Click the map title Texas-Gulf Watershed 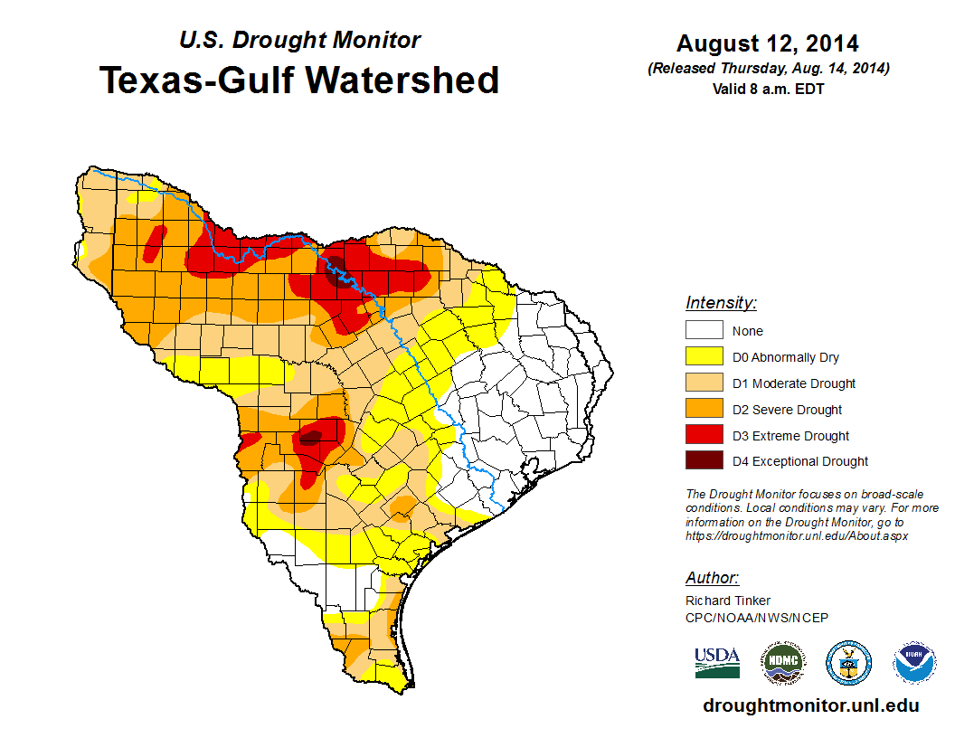pyautogui.click(x=298, y=80)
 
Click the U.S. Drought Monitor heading pyautogui.click(x=299, y=40)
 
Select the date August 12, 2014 pyautogui.click(x=768, y=43)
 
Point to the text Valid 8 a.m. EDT pyautogui.click(x=768, y=88)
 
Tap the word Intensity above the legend pyautogui.click(x=721, y=303)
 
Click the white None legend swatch pyautogui.click(x=704, y=331)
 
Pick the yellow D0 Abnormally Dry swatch pyautogui.click(x=704, y=357)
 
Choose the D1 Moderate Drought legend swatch pyautogui.click(x=704, y=383)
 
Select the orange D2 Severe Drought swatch pyautogui.click(x=704, y=410)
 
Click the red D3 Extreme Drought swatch pyautogui.click(x=704, y=436)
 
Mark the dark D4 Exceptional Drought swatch pyautogui.click(x=704, y=461)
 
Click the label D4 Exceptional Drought pyautogui.click(x=799, y=461)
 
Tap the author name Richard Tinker pyautogui.click(x=728, y=601)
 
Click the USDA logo pyautogui.click(x=717, y=663)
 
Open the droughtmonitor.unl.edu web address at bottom pyautogui.click(x=810, y=705)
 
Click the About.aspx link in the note pyautogui.click(x=797, y=535)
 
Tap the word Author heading pyautogui.click(x=712, y=578)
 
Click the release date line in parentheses pyautogui.click(x=768, y=69)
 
